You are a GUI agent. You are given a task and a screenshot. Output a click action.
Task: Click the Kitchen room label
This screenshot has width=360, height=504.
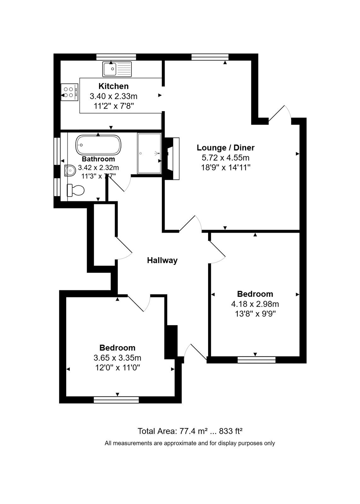(113, 86)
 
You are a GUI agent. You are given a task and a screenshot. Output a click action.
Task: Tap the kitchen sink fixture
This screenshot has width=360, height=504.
(117, 69)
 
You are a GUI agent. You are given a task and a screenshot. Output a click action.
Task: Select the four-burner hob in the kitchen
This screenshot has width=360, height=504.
(70, 92)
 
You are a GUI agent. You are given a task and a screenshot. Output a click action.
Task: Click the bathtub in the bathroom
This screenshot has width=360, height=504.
(98, 145)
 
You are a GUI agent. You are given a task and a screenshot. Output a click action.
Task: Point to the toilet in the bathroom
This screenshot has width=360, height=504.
(75, 190)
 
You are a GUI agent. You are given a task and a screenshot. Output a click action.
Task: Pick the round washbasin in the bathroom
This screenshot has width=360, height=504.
(69, 170)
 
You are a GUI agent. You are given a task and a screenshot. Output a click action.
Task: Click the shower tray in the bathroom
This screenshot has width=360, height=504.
(149, 153)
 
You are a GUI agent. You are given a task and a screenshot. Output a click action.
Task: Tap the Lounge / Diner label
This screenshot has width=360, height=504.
(226, 148)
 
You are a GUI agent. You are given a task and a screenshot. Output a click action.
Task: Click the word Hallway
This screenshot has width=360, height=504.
(162, 260)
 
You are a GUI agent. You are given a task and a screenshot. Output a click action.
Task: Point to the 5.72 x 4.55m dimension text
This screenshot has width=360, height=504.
(226, 158)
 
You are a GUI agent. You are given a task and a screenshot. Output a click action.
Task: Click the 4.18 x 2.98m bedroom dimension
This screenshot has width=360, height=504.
(255, 304)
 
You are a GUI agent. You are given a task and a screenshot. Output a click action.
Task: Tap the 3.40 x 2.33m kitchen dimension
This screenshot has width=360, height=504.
(113, 96)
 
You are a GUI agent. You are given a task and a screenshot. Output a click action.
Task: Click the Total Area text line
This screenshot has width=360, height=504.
(190, 431)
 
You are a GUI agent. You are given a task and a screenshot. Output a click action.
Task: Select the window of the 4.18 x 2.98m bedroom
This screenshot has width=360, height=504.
(256, 360)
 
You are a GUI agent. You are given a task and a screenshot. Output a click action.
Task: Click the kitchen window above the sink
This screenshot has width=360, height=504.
(116, 57)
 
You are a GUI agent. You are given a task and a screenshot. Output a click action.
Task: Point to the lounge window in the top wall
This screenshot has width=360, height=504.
(210, 57)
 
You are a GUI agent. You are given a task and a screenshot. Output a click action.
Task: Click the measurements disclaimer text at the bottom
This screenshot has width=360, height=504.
(190, 443)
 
